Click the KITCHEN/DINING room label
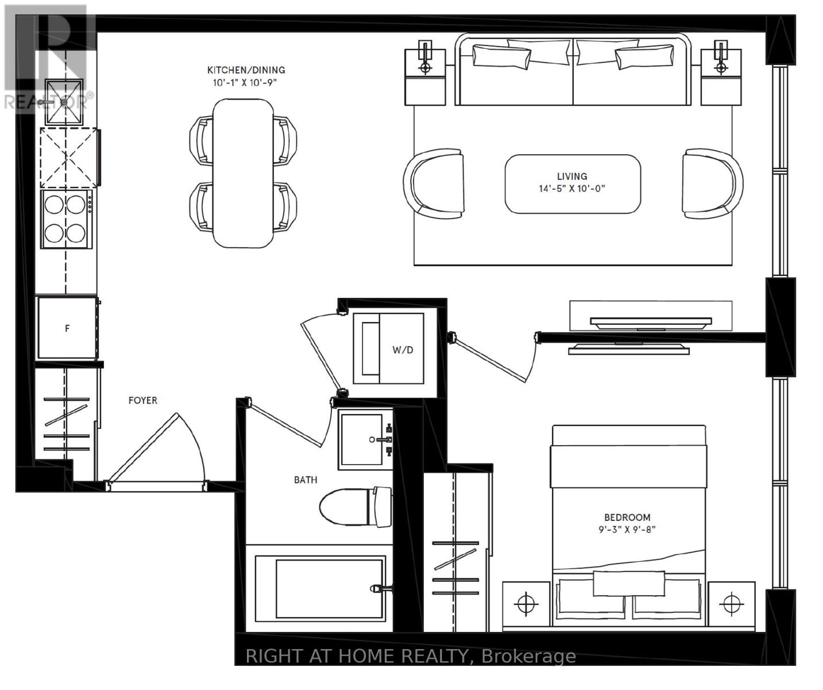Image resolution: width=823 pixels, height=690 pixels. [x=246, y=70]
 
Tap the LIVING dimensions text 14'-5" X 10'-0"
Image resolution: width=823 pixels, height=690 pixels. [x=571, y=189]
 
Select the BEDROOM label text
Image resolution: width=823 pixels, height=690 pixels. [x=627, y=517]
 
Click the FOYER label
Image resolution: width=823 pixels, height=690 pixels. [x=142, y=400]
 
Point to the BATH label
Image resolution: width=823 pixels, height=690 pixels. [x=305, y=480]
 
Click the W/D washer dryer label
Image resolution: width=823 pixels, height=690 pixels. [x=402, y=350]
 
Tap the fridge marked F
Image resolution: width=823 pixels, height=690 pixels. [x=67, y=328]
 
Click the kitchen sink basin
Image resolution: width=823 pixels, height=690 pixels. [x=64, y=102]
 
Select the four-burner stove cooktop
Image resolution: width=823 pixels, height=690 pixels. [x=65, y=219]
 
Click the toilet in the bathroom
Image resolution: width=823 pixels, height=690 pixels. [x=353, y=507]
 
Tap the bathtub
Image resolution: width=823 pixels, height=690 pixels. [x=320, y=588]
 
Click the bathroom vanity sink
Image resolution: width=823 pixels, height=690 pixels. [x=362, y=439]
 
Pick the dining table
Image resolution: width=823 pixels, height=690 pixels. [x=243, y=173]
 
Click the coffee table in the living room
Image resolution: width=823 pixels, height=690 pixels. [x=572, y=183]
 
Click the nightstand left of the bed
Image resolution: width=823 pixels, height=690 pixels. [x=526, y=604]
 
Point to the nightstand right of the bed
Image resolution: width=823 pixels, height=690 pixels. [x=731, y=604]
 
